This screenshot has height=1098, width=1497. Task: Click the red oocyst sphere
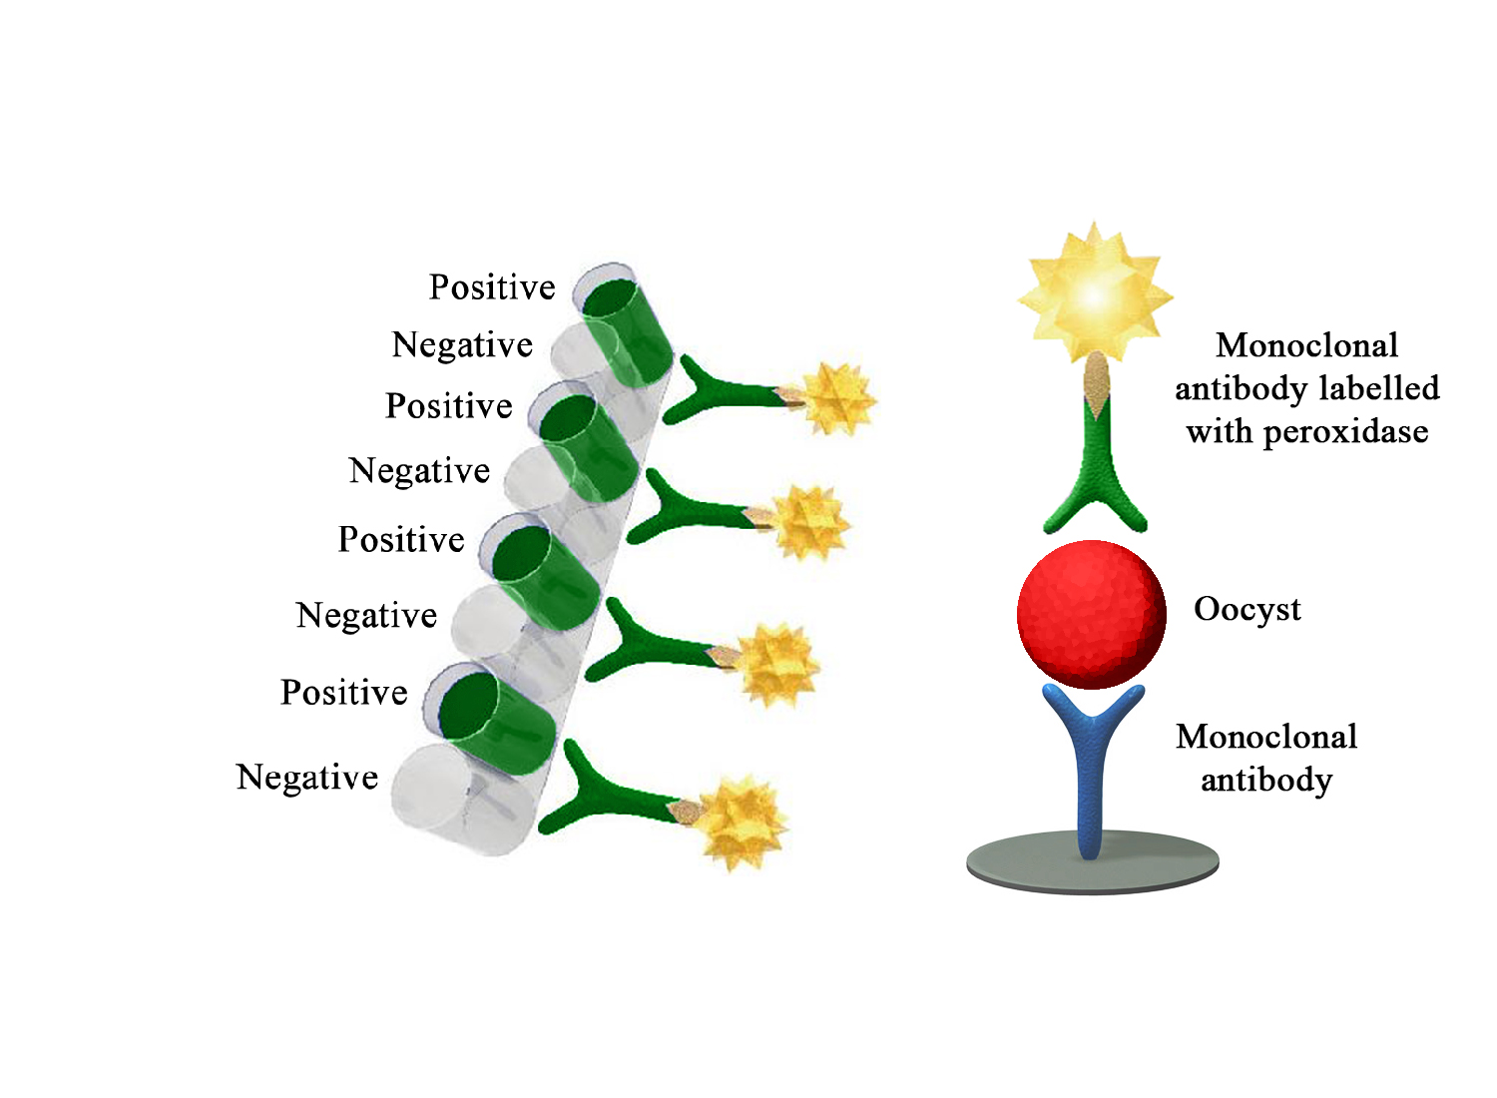pos(1092,614)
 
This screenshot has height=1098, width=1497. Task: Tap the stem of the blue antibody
pos(1091,799)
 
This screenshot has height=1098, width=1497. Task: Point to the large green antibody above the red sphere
pos(1096,469)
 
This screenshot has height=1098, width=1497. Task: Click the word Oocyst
pos(1247,609)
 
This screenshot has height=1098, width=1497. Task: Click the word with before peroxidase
pos(1220,432)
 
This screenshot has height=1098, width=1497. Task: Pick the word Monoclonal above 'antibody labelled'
pos(1307,345)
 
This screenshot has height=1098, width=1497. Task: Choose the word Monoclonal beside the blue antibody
pos(1266,737)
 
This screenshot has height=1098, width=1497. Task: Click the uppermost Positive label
pos(492,287)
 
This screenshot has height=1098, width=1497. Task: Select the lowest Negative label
pos(307,777)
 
